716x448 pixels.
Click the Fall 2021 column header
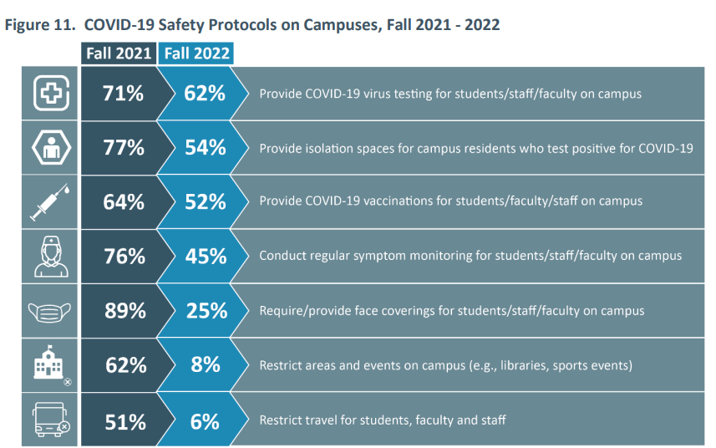click(x=119, y=53)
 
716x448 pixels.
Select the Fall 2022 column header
click(x=196, y=53)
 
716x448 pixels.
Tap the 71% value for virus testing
click(x=124, y=94)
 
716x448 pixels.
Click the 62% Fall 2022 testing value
click(x=205, y=94)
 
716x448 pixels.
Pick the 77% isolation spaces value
click(x=124, y=148)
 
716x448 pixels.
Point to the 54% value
click(x=205, y=148)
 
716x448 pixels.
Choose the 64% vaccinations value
click(x=124, y=201)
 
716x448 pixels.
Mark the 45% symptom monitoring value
click(x=205, y=256)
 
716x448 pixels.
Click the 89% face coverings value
click(x=124, y=311)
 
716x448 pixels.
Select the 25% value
click(x=205, y=311)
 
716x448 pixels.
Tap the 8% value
click(x=205, y=365)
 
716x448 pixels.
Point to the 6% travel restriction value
click(x=205, y=421)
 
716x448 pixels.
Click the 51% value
click(x=124, y=421)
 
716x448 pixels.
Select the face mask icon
click(x=51, y=312)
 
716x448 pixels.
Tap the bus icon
click(x=51, y=421)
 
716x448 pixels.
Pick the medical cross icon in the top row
click(x=51, y=94)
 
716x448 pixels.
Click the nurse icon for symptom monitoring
click(x=51, y=257)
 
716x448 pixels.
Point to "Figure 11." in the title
click(x=37, y=24)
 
